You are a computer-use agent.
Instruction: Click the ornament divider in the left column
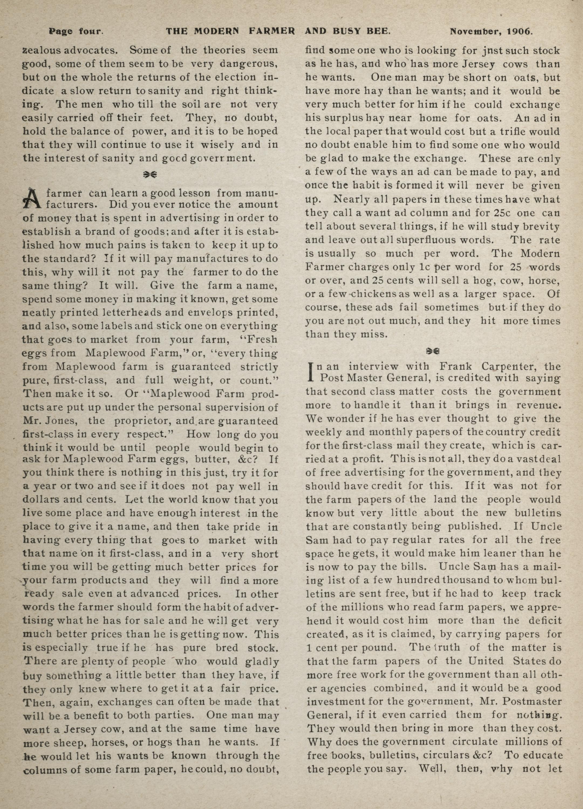[x=150, y=174]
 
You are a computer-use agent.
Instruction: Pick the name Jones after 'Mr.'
[x=64, y=421]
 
